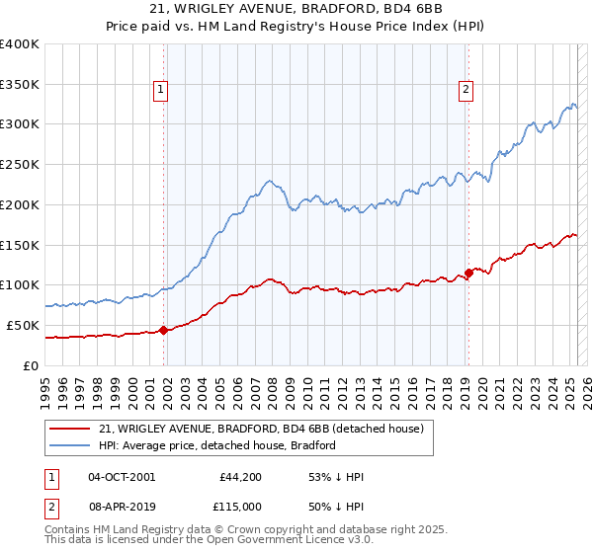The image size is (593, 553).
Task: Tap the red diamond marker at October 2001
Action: click(x=163, y=330)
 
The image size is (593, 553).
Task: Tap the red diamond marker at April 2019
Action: click(x=468, y=274)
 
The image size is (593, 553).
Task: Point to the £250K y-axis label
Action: click(x=20, y=164)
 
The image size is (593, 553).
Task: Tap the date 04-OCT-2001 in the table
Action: click(x=122, y=477)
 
